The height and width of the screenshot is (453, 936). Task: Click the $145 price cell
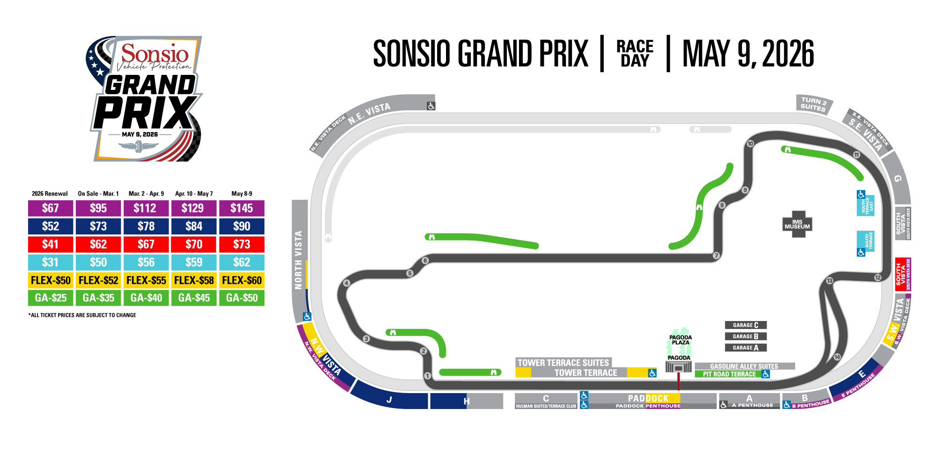click(x=241, y=208)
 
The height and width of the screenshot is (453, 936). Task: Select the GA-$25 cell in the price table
click(x=51, y=298)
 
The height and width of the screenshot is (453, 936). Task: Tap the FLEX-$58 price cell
click(x=194, y=280)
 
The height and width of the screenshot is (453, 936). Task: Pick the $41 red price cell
click(x=51, y=244)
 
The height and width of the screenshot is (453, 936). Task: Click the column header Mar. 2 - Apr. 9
click(x=146, y=194)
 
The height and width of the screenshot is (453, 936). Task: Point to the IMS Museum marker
click(x=797, y=224)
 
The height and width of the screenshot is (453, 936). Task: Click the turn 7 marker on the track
click(x=716, y=256)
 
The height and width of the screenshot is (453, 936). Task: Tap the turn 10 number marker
click(x=750, y=144)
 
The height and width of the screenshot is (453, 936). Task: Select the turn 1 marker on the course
click(x=427, y=375)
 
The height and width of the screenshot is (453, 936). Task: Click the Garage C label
click(x=746, y=325)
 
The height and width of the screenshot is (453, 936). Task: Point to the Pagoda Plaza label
click(x=680, y=340)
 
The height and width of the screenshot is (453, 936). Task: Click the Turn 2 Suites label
click(x=813, y=104)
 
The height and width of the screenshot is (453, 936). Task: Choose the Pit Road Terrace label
click(x=729, y=374)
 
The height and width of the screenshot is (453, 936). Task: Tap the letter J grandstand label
click(x=389, y=400)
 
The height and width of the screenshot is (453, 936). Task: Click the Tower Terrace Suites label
click(x=563, y=363)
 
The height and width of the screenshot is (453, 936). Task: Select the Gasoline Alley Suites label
click(x=744, y=366)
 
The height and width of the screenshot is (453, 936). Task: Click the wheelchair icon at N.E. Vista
click(x=431, y=106)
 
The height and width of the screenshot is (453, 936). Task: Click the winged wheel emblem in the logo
click(x=139, y=147)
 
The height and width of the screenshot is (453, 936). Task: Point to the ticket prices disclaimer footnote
click(x=82, y=315)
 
